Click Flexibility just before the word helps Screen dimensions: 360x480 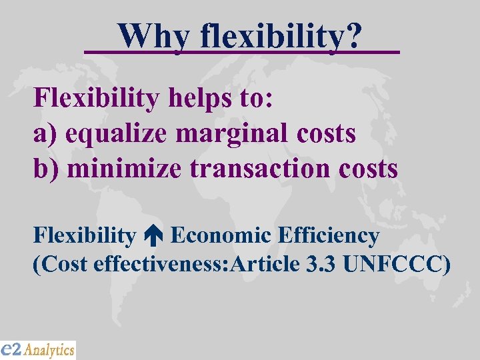[x=97, y=99]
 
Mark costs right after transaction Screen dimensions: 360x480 [x=369, y=169]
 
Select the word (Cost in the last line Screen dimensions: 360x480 [x=61, y=264]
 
